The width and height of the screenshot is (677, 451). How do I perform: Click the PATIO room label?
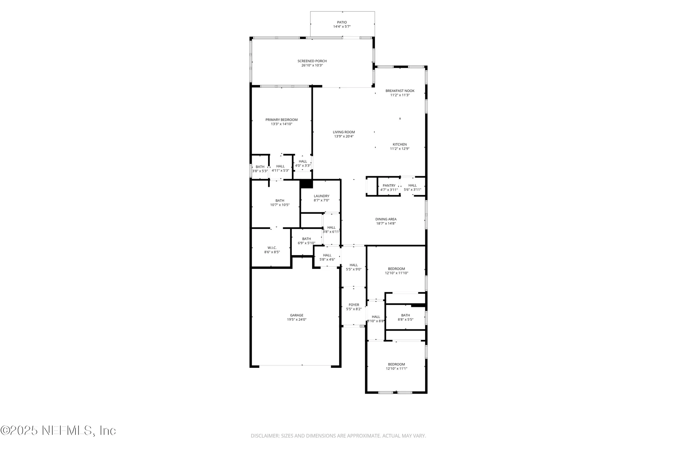pyautogui.click(x=342, y=22)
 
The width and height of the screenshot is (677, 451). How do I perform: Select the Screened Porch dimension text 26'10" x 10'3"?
pyautogui.click(x=312, y=65)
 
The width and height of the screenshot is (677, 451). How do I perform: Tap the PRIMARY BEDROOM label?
pyautogui.click(x=281, y=120)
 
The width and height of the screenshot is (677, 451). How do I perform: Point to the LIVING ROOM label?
pyautogui.click(x=344, y=132)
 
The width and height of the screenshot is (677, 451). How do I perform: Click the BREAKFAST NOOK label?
pyautogui.click(x=400, y=91)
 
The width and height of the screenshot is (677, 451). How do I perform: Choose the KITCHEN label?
pyautogui.click(x=399, y=144)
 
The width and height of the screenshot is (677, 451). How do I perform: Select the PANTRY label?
pyautogui.click(x=389, y=185)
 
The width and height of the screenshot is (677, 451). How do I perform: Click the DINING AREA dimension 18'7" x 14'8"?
pyautogui.click(x=386, y=223)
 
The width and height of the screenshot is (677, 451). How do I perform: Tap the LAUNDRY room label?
pyautogui.click(x=321, y=196)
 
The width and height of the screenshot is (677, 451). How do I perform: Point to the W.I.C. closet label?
pyautogui.click(x=272, y=248)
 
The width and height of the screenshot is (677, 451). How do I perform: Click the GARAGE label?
pyautogui.click(x=297, y=315)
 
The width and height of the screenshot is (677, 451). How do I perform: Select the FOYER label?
pyautogui.click(x=354, y=305)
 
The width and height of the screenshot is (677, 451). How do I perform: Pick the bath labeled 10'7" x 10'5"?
pyautogui.click(x=280, y=203)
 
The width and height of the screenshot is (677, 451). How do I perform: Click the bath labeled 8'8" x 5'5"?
pyautogui.click(x=405, y=317)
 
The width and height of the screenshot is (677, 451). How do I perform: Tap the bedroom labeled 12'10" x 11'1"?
pyautogui.click(x=396, y=366)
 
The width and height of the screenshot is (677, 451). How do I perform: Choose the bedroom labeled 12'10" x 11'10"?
pyautogui.click(x=396, y=271)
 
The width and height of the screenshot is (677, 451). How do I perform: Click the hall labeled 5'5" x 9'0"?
pyautogui.click(x=354, y=267)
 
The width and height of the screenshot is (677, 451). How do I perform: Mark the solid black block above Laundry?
pyautogui.click(x=306, y=184)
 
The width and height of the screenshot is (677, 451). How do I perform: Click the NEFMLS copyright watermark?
pyautogui.click(x=58, y=430)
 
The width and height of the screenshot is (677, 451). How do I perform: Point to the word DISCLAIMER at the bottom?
pyautogui.click(x=265, y=436)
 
